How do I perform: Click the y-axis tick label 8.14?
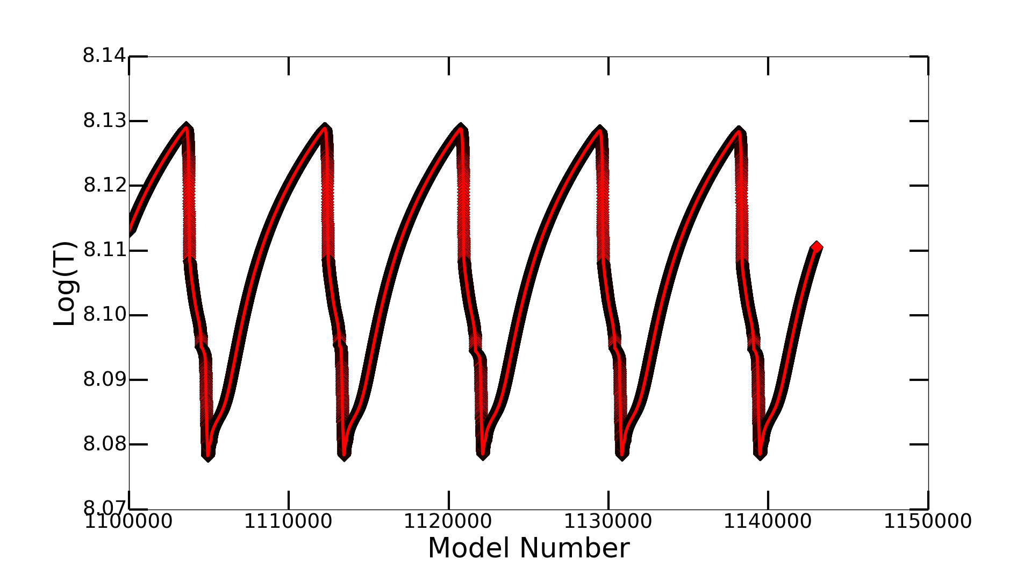pos(104,55)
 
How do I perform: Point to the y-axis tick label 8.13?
pos(104,121)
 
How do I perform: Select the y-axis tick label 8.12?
pos(104,185)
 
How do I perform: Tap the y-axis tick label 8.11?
pos(104,250)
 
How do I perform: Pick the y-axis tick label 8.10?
pos(104,314)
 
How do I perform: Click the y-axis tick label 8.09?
pos(104,379)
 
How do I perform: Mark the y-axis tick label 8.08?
pos(104,444)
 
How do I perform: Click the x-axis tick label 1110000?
pos(288,521)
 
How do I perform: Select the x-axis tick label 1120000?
pos(448,521)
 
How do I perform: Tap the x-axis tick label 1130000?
pos(607,521)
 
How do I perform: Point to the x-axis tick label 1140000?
pos(767,521)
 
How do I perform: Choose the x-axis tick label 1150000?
pos(927,521)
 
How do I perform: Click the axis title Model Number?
pos(528,548)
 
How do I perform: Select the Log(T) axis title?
pos(65,283)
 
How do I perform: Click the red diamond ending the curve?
pos(817,247)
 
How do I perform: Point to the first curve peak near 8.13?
pos(186,128)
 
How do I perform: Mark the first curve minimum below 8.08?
pos(208,457)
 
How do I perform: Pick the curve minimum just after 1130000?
pos(622,456)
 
